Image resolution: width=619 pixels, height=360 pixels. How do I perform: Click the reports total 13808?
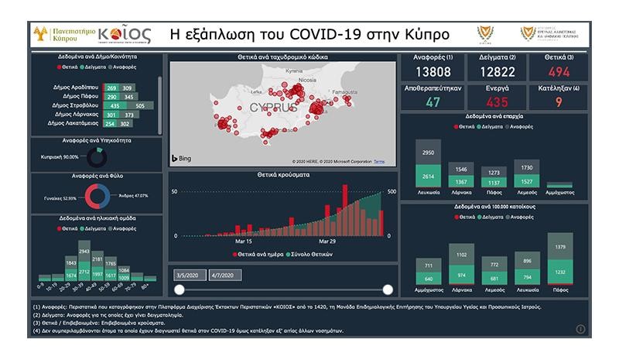click(x=434, y=71)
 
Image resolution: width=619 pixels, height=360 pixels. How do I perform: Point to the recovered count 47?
click(x=433, y=101)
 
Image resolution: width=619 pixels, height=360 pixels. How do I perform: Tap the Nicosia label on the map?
click(x=309, y=78)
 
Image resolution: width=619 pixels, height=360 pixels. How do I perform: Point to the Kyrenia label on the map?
click(x=294, y=70)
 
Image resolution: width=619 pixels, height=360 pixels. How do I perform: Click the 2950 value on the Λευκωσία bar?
click(x=428, y=153)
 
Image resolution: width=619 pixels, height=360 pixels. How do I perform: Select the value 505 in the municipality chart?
click(x=140, y=105)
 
